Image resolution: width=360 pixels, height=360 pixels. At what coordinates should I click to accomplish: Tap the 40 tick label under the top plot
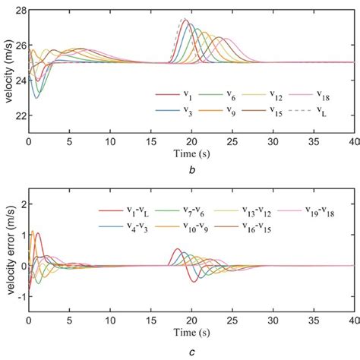point(353,142)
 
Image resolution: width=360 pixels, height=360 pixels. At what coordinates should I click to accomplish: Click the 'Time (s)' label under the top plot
point(191,154)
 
